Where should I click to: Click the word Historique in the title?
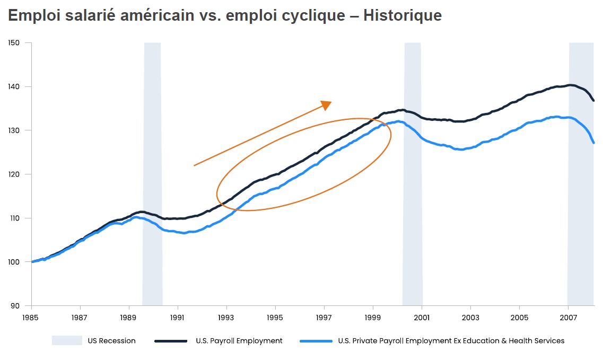402,16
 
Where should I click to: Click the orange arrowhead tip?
330,102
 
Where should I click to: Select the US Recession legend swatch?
67,341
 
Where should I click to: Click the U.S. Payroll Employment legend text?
239,341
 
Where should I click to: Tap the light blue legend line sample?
316,341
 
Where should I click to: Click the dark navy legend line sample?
171,341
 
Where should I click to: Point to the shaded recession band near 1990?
152,175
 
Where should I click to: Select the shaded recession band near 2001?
413,175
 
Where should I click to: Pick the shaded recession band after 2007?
581,175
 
